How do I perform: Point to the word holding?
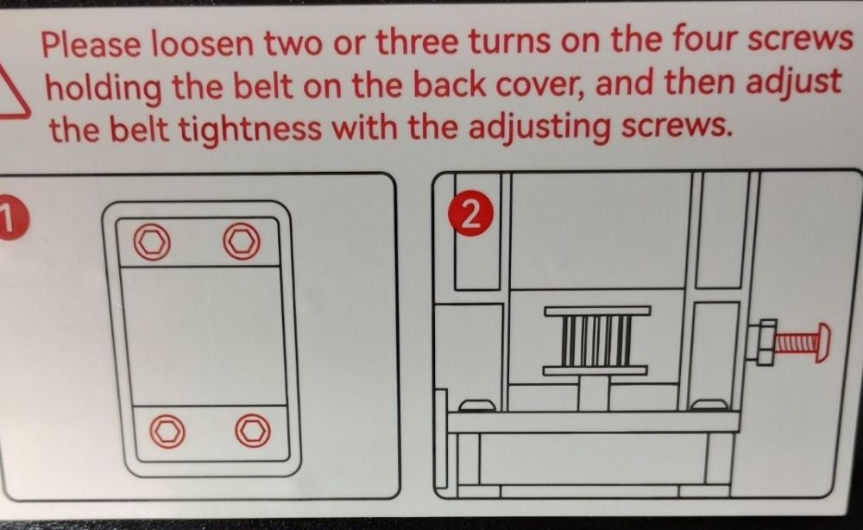pos(103,89)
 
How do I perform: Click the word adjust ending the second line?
pos(793,83)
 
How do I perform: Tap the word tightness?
pos(251,129)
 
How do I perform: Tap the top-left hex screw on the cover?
pos(152,242)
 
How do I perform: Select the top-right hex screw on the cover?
pos(241,241)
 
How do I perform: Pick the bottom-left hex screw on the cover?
pos(167,431)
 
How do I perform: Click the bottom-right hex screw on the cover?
pos(253,431)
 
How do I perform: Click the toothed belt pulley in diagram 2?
pos(597,341)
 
